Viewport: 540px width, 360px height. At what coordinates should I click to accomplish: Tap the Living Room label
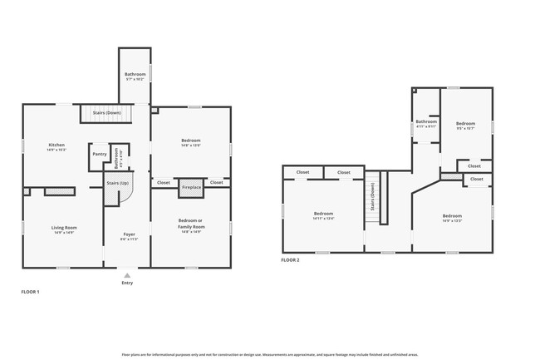click(64, 227)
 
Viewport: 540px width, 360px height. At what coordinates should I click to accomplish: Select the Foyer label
click(129, 234)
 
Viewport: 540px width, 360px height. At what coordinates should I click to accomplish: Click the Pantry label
click(99, 154)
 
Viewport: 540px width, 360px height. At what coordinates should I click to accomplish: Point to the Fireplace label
click(191, 188)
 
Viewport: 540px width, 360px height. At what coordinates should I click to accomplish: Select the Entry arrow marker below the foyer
click(126, 274)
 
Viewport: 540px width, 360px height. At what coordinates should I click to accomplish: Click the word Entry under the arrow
click(126, 283)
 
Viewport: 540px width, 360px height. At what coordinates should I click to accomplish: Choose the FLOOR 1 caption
click(30, 292)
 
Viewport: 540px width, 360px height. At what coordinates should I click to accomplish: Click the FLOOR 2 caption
click(290, 260)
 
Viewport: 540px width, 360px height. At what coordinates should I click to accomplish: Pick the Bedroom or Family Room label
click(191, 220)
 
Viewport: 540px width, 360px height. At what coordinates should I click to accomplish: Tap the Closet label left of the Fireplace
click(164, 182)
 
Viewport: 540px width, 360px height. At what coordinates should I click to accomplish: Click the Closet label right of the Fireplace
click(216, 182)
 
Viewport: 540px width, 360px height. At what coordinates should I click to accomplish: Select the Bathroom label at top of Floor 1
click(135, 74)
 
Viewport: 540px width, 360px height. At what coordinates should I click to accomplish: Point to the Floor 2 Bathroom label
click(425, 121)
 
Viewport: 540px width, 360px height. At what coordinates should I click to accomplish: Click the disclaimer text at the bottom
click(270, 353)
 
